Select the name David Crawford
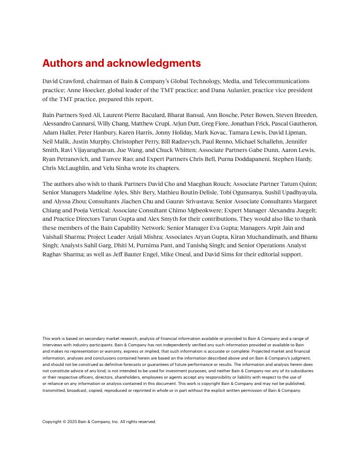pyautogui.click(x=63, y=81)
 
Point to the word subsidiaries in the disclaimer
pyautogui.click(x=299, y=371)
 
